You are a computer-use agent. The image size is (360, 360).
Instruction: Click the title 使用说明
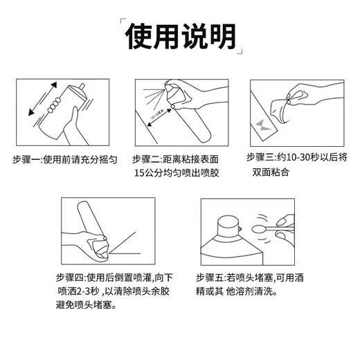pos(179,35)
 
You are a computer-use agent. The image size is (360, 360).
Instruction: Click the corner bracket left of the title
pos(124,21)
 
